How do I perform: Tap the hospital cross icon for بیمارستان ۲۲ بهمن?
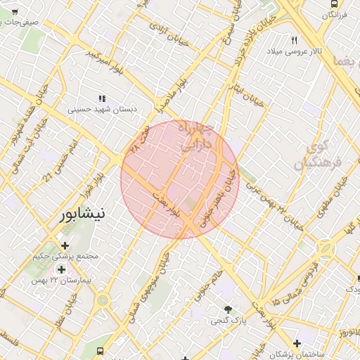61,269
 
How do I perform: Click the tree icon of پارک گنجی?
228,309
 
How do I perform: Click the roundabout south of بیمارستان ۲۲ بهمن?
103,300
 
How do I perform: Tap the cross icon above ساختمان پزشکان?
297,344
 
